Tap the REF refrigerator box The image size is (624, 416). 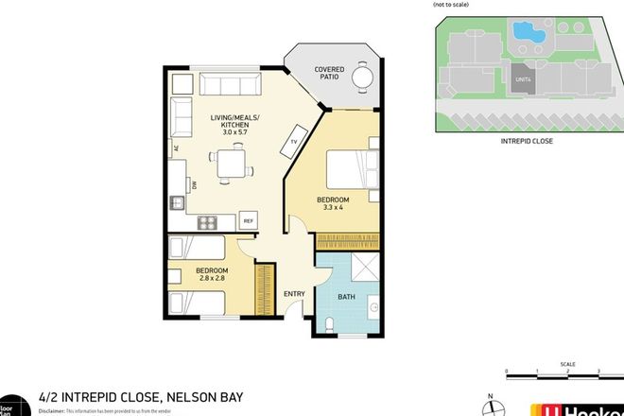(x=250, y=221)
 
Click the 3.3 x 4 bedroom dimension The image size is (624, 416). (x=332, y=207)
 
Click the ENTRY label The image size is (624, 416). (x=294, y=294)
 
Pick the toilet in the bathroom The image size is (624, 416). (x=327, y=324)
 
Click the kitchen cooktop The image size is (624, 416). (x=208, y=222)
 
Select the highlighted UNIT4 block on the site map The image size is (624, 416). (x=522, y=81)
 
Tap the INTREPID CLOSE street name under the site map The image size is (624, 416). (x=526, y=141)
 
